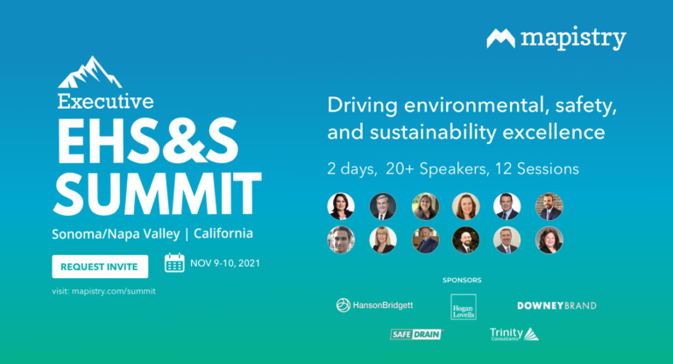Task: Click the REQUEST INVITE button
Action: pos(100,267)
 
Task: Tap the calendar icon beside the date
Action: pos(174,263)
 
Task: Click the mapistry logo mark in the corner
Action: pos(500,39)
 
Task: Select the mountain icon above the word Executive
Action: pos(89,72)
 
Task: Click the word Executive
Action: pos(105,102)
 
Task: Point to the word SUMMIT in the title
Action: pos(157,193)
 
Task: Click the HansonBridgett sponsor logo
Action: pos(374,305)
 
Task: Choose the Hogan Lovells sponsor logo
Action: pos(464,307)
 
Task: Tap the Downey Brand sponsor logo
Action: pos(556,305)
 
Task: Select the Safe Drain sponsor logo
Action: pos(416,334)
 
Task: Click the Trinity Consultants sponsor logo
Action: pos(514,334)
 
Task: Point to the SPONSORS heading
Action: pos(462,280)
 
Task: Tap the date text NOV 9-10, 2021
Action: pos(225,263)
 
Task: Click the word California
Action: pos(223,233)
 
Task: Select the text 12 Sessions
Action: pos(537,169)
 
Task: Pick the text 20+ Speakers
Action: pos(437,169)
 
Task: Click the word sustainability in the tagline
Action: pos(433,132)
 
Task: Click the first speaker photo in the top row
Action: pos(341,206)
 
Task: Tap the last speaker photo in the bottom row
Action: pos(549,239)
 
